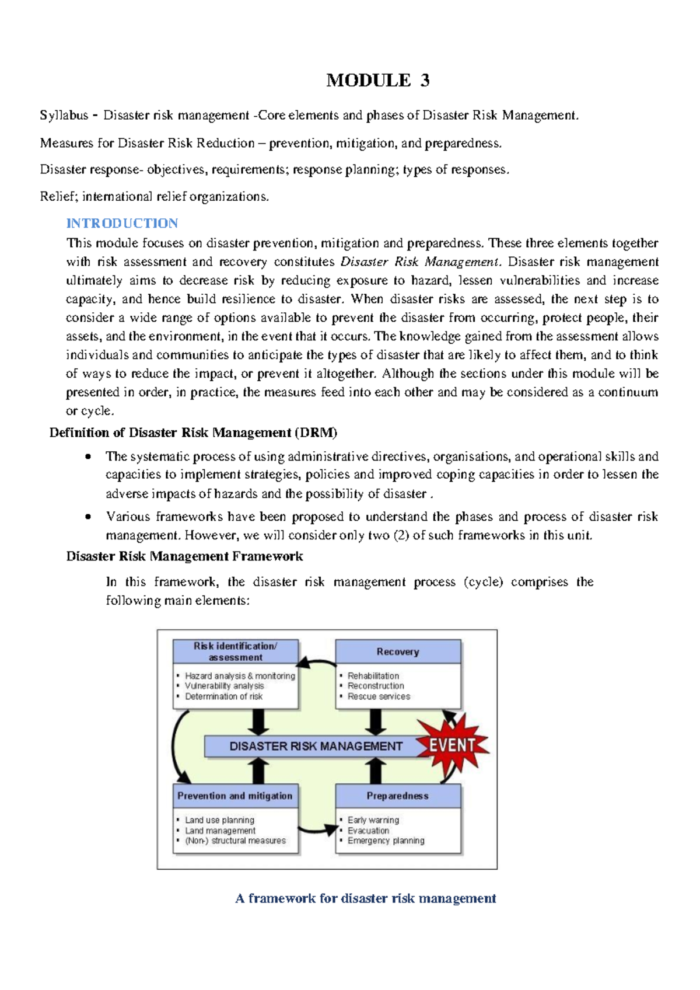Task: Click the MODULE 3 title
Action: [x=377, y=80]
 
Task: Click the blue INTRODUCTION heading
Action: [x=122, y=223]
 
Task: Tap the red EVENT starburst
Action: [x=453, y=745]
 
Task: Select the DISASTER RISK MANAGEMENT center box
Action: [x=315, y=746]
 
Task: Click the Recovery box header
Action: [x=398, y=651]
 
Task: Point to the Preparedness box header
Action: [x=398, y=796]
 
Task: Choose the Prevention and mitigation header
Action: [x=235, y=796]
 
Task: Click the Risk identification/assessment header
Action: [x=235, y=651]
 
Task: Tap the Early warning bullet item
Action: [x=373, y=820]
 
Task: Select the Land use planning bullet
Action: [x=219, y=820]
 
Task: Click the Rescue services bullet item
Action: [x=379, y=696]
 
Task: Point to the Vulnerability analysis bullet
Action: [x=224, y=686]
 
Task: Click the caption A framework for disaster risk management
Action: [x=365, y=898]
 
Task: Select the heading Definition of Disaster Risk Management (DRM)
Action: [x=193, y=433]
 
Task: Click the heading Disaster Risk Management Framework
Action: [x=184, y=556]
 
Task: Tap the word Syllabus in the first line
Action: [x=64, y=115]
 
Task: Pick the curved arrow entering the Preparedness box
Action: [x=318, y=829]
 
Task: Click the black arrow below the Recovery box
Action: [x=376, y=722]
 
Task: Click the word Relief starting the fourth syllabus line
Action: [x=57, y=196]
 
